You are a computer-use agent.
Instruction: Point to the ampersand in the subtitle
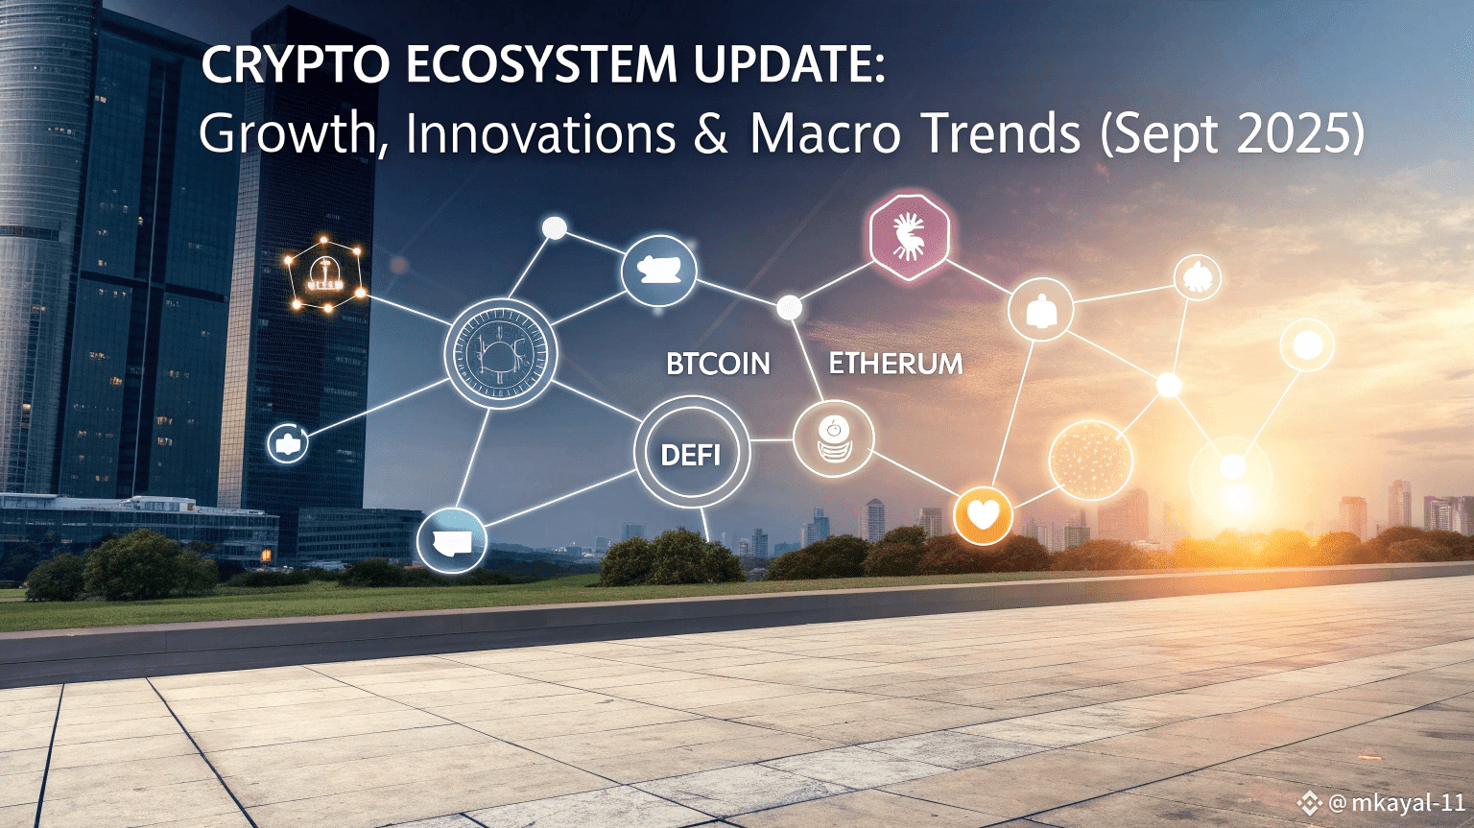pos(711,133)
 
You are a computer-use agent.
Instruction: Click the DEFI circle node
pos(691,454)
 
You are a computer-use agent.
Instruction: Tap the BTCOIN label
pos(718,365)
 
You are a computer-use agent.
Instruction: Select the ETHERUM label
pos(895,365)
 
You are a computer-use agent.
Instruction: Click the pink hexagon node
pos(908,237)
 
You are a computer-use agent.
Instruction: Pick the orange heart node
pos(983,515)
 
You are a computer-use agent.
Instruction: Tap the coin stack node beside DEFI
pos(833,439)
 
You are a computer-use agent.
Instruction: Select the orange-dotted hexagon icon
pos(325,275)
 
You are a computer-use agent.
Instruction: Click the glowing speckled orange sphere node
pos(1090,460)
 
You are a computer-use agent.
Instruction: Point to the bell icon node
pos(1040,310)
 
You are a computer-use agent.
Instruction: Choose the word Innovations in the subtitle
pos(540,133)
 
